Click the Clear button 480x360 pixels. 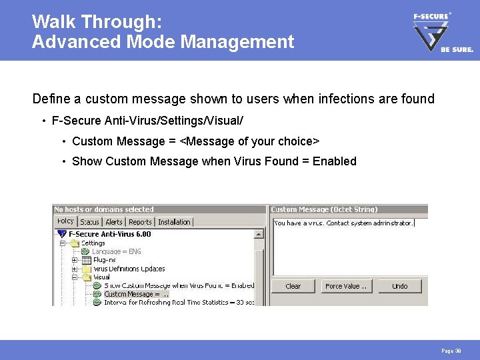click(x=293, y=286)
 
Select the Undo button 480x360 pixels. click(x=399, y=286)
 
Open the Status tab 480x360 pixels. click(x=89, y=222)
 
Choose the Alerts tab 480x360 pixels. click(x=114, y=222)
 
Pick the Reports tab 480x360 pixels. click(x=140, y=222)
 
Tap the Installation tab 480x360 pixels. click(x=174, y=222)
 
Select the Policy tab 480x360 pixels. click(x=65, y=221)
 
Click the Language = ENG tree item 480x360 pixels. click(x=116, y=251)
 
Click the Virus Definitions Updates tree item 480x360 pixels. click(x=129, y=269)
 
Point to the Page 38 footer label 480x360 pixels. click(x=451, y=351)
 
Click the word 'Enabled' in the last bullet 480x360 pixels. click(x=335, y=161)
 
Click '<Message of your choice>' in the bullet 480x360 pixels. click(x=251, y=141)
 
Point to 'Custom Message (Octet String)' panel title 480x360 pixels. click(x=324, y=209)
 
